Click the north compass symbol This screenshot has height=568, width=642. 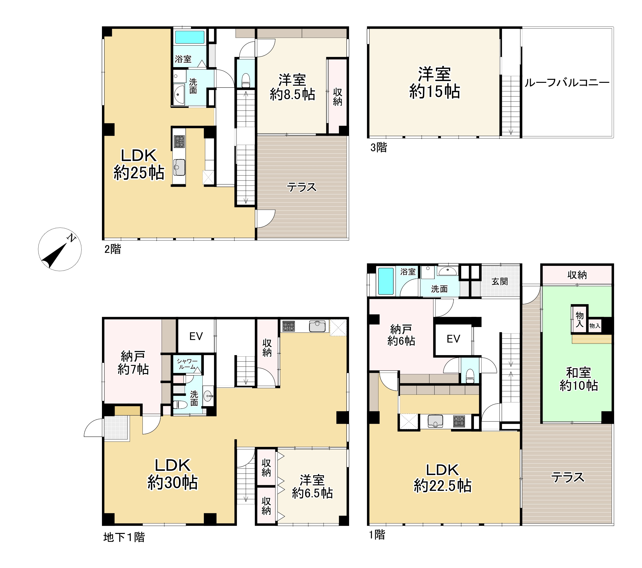(60, 249)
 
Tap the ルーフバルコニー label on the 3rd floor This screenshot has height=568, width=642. (567, 83)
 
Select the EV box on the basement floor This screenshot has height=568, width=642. (196, 336)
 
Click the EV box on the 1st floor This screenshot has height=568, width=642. (453, 339)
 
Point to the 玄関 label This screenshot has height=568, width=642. (500, 281)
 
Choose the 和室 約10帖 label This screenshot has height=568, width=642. (579, 379)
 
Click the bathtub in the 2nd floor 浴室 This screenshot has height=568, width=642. (190, 37)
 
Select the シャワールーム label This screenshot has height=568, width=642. (187, 364)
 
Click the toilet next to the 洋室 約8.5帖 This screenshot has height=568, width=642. (246, 80)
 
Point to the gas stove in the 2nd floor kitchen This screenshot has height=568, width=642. (179, 142)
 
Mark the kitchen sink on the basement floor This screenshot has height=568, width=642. (317, 326)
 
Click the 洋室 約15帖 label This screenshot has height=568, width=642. (434, 83)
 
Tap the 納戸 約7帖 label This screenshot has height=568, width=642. (133, 363)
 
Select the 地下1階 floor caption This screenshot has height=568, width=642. (124, 537)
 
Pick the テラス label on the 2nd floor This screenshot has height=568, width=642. (302, 187)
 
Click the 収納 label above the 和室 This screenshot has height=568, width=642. (577, 275)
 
